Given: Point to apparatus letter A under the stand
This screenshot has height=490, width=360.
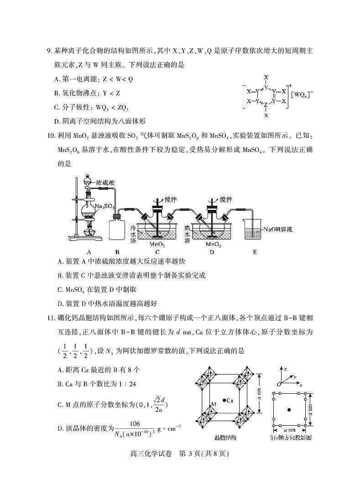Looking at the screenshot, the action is point(89,251).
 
